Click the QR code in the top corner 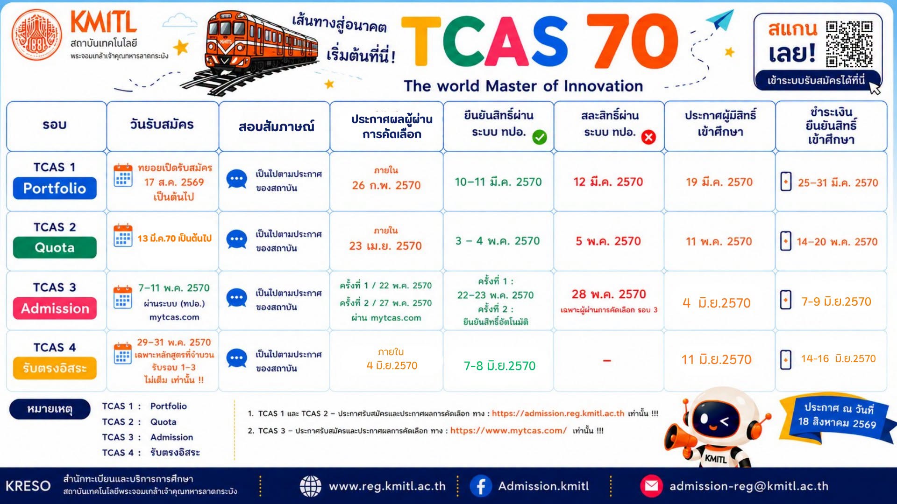pyautogui.click(x=849, y=44)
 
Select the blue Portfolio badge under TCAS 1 pyautogui.click(x=55, y=188)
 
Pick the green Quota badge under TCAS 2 pyautogui.click(x=55, y=247)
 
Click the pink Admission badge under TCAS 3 pyautogui.click(x=55, y=308)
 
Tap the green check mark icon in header pyautogui.click(x=540, y=137)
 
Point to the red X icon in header pyautogui.click(x=648, y=137)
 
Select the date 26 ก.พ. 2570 pyautogui.click(x=386, y=185)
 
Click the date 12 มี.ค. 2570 pyautogui.click(x=608, y=182)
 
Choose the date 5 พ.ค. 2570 pyautogui.click(x=608, y=241)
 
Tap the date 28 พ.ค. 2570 pyautogui.click(x=609, y=294)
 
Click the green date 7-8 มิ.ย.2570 pyautogui.click(x=499, y=366)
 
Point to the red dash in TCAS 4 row pyautogui.click(x=607, y=361)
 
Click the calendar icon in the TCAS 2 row pyautogui.click(x=123, y=236)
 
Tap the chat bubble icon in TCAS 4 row pyautogui.click(x=236, y=359)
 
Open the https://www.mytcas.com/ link pyautogui.click(x=508, y=431)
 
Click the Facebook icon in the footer pyautogui.click(x=481, y=486)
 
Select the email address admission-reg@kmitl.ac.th pyautogui.click(x=749, y=486)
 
